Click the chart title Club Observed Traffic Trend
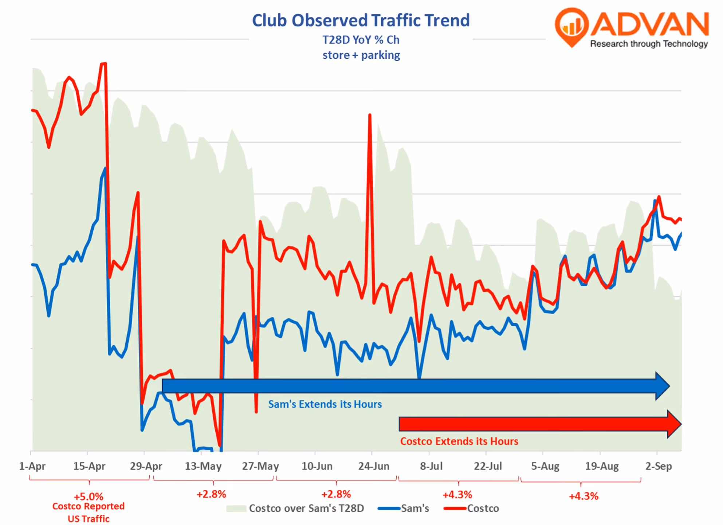[x=361, y=20]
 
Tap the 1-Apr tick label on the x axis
[x=32, y=466]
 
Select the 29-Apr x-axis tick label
[x=146, y=466]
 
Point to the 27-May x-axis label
[x=260, y=466]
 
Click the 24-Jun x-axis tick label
[x=374, y=466]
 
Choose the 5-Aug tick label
[x=545, y=466]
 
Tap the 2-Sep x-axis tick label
[x=659, y=466]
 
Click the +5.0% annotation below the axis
[x=89, y=496]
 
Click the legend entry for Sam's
[x=404, y=509]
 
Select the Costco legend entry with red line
[x=471, y=509]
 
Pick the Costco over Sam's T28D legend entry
[x=295, y=509]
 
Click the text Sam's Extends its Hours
[x=325, y=404]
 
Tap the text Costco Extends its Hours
[x=459, y=441]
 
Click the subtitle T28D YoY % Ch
[x=361, y=40]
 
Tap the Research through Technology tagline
[x=649, y=44]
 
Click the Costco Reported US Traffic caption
[x=89, y=513]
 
